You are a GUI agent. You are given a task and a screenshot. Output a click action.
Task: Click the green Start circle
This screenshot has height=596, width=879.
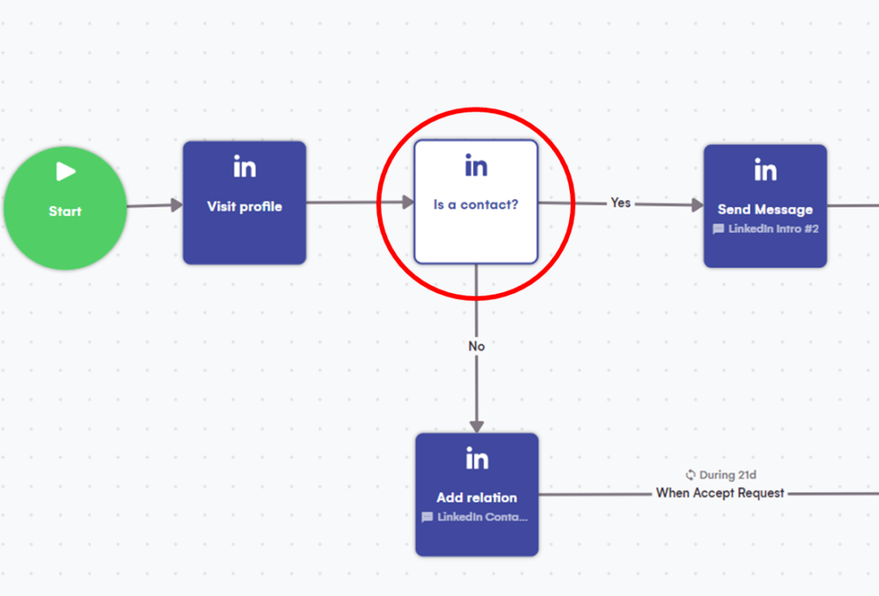[65, 209]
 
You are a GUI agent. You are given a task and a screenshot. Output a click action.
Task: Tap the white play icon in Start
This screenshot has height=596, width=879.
[66, 172]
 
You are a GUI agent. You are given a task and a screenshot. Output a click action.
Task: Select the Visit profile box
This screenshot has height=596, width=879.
[245, 203]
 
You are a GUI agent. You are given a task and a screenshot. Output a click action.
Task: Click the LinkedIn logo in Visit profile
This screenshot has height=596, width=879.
[245, 167]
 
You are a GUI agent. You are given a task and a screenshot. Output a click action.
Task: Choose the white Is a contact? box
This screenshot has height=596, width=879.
[476, 202]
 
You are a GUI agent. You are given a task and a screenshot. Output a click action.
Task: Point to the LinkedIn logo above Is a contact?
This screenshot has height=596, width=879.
[476, 166]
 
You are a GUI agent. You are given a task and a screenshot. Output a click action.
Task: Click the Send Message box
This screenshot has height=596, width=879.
[765, 206]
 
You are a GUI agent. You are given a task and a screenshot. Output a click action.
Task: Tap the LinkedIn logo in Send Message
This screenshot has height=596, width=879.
[765, 170]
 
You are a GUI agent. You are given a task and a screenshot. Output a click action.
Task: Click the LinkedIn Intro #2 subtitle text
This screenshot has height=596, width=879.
[771, 229]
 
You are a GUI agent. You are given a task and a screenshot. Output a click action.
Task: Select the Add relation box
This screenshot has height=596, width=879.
[476, 495]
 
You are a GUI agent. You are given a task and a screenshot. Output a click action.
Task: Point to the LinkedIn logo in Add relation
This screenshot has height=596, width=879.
[476, 459]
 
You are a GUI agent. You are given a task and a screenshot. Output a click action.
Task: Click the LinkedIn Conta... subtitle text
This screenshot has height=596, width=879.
[482, 518]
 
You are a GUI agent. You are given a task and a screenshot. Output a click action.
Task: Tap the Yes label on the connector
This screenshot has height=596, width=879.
[621, 203]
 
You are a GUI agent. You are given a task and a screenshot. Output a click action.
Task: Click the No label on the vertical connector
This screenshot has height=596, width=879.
[476, 346]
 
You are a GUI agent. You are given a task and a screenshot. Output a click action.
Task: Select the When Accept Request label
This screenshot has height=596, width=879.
[720, 493]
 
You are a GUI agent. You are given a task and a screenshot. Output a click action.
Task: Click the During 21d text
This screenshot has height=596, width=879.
[728, 475]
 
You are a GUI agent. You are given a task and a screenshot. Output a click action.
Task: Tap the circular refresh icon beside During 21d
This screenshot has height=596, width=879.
[690, 475]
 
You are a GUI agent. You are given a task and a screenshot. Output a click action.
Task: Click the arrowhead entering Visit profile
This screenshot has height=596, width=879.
[176, 204]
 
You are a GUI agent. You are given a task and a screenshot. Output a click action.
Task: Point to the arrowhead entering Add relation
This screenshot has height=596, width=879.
[476, 426]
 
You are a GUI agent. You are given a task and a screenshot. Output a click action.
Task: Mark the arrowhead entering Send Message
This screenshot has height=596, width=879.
[697, 204]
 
